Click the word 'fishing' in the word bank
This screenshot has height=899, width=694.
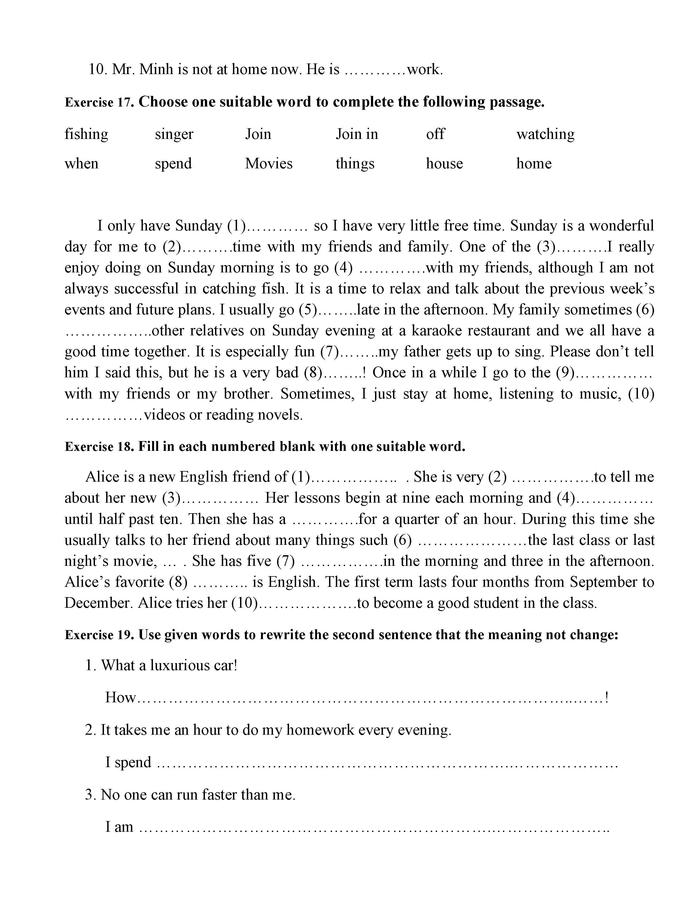(86, 135)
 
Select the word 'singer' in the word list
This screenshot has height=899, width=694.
(174, 135)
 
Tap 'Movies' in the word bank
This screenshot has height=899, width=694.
(269, 164)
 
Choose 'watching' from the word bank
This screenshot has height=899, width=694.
(546, 135)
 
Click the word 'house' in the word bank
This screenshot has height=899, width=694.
(444, 164)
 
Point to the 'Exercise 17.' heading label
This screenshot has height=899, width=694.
(100, 102)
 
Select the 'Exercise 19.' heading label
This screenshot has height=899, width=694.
(100, 635)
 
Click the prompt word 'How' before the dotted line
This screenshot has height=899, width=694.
(120, 697)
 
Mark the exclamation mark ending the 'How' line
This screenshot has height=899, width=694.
(607, 697)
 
